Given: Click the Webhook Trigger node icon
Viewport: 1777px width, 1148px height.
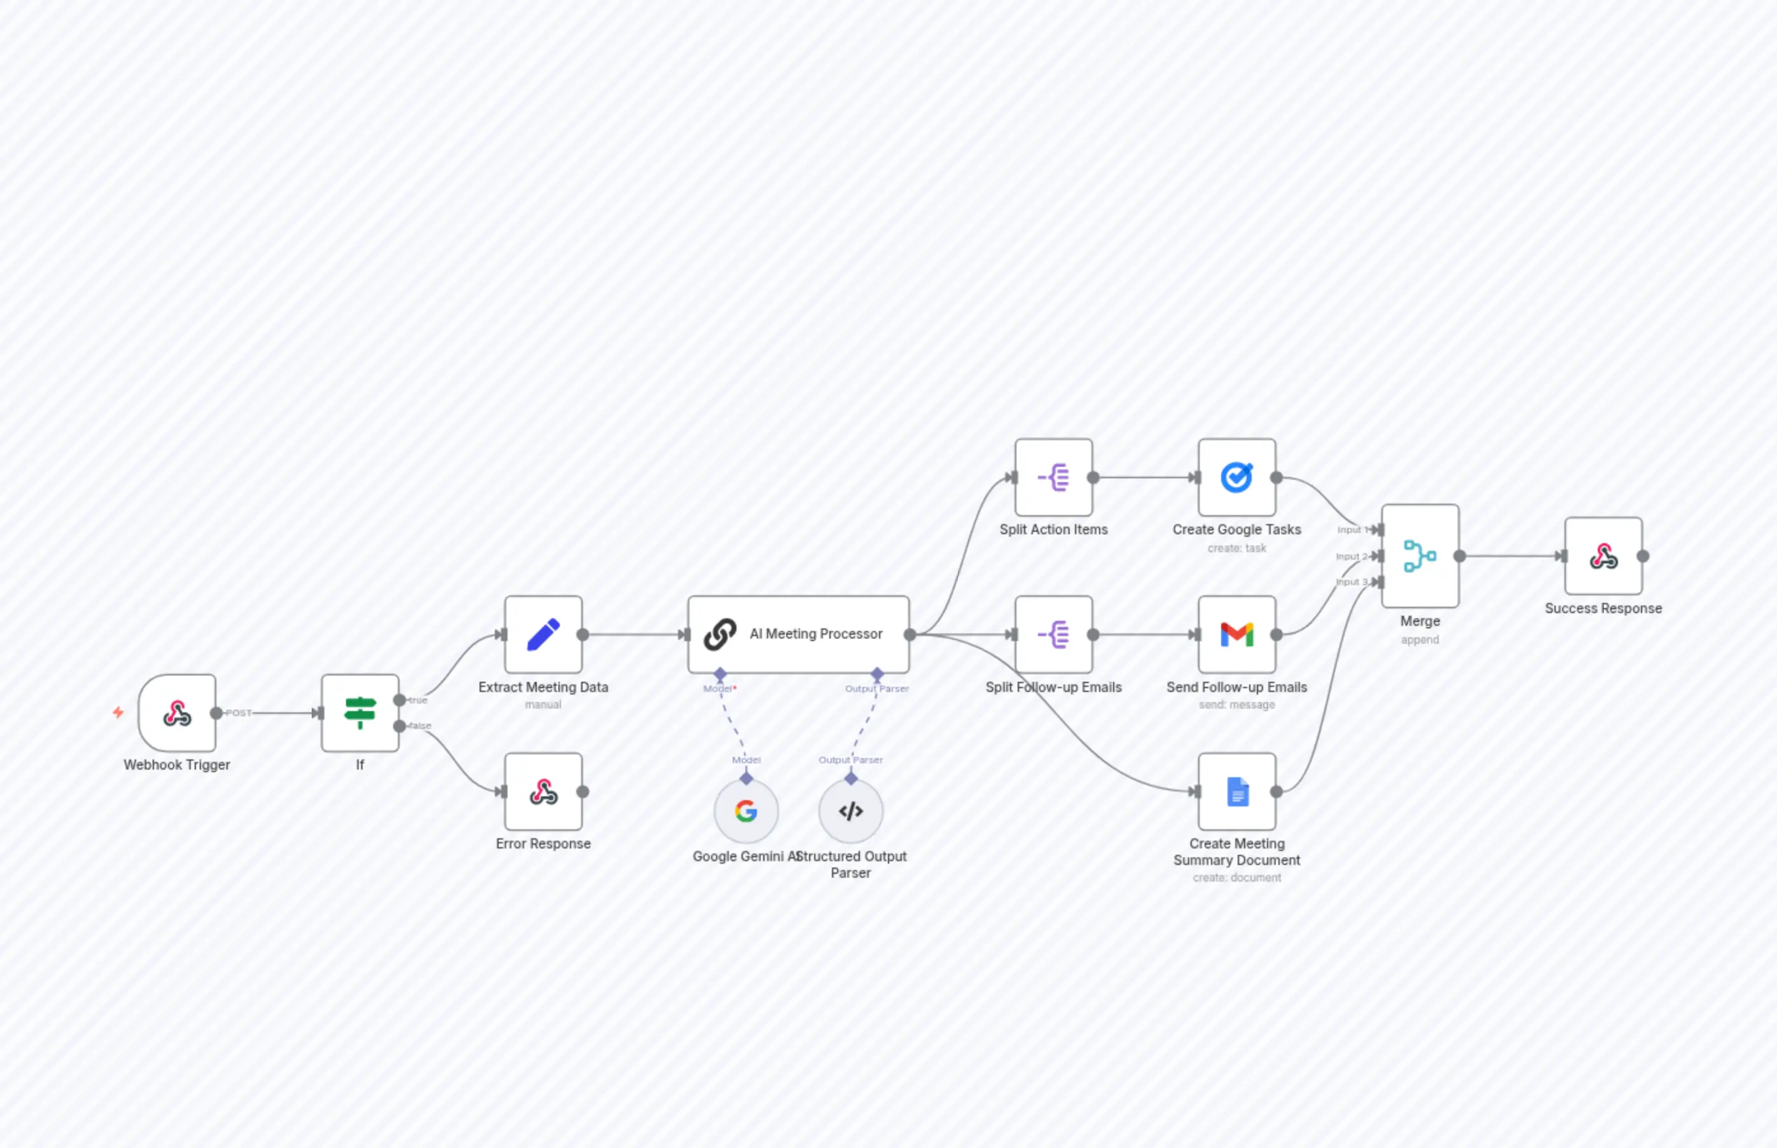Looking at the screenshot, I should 177,714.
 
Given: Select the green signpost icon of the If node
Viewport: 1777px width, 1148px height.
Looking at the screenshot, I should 360,713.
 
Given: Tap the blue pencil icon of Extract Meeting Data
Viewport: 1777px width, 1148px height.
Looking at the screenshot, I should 543,634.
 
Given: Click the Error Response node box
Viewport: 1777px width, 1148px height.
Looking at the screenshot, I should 543,792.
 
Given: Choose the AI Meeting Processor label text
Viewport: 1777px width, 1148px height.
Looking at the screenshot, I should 815,633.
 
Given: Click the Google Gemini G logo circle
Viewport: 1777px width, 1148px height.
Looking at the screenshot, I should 746,811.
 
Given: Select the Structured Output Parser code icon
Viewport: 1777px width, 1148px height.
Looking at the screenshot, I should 850,811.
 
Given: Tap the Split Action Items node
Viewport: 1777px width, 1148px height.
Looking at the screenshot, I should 1053,477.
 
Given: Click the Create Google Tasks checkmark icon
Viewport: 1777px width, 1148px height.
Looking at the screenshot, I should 1236,477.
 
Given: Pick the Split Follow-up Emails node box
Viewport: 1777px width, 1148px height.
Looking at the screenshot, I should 1053,634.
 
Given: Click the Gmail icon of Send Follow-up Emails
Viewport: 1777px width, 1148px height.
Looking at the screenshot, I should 1236,634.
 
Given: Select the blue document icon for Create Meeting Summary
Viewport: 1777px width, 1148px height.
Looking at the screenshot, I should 1236,792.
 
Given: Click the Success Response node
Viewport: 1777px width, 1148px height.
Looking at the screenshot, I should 1603,556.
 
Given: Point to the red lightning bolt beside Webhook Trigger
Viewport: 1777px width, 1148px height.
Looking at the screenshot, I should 118,713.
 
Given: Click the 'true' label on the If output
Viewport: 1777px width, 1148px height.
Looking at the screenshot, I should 418,700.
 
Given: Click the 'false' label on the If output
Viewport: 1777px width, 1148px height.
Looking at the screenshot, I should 420,725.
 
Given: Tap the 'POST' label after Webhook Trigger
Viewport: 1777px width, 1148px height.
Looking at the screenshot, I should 239,714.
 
